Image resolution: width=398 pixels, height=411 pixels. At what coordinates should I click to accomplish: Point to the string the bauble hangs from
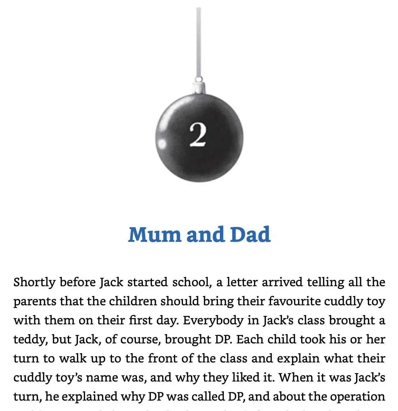pyautogui.click(x=199, y=42)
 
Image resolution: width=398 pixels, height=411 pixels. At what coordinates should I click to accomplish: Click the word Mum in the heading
pyautogui.click(x=155, y=234)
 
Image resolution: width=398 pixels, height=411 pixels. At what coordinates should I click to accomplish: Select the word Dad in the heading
pyautogui.click(x=250, y=234)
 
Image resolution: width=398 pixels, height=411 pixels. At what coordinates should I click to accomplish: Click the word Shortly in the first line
pyautogui.click(x=34, y=282)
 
